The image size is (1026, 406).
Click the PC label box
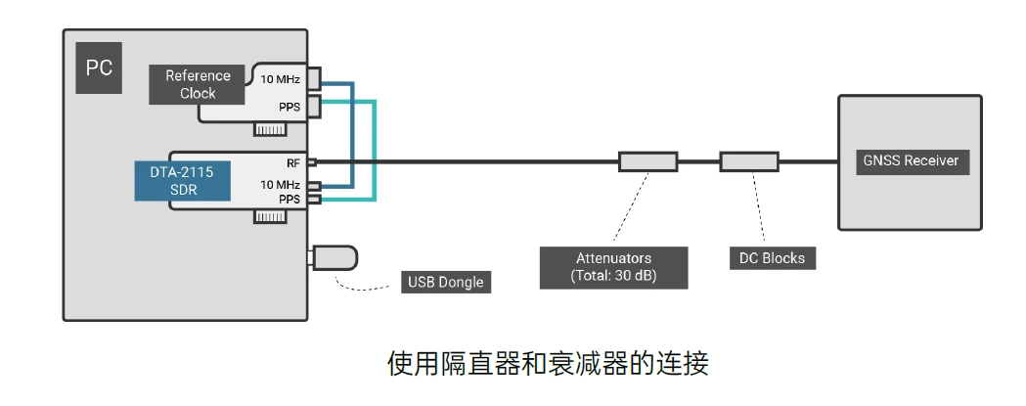point(98,68)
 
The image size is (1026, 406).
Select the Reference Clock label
point(198,84)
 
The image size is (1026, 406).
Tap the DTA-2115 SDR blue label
point(183,181)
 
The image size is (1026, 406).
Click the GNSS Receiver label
point(910,160)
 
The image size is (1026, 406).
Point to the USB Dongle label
point(445,283)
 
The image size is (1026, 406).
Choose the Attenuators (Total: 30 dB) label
point(613,267)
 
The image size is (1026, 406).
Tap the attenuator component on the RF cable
point(647,161)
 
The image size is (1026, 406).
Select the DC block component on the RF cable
point(749,161)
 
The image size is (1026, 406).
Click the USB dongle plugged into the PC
point(334,258)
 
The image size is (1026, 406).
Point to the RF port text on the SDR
point(292,162)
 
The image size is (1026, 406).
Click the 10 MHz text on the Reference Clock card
point(280,78)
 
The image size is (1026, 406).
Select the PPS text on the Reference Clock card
point(290,106)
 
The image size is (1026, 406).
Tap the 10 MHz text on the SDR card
point(280,184)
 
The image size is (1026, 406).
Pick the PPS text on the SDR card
point(290,199)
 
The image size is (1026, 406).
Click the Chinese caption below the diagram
point(547,364)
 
